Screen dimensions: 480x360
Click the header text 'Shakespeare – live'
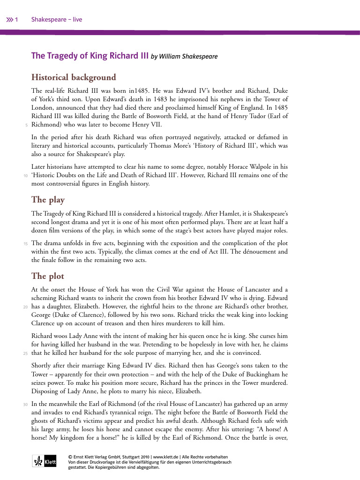[57, 20]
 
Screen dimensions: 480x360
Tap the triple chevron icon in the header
[9, 20]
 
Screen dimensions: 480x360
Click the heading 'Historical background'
[74, 77]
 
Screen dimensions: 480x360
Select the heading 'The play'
[48, 200]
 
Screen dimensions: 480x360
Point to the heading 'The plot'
[47, 276]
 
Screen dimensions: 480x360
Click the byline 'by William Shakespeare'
[184, 57]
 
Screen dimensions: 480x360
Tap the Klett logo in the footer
[44, 461]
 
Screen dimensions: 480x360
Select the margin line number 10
[25, 176]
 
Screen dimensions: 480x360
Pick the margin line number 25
[25, 353]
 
